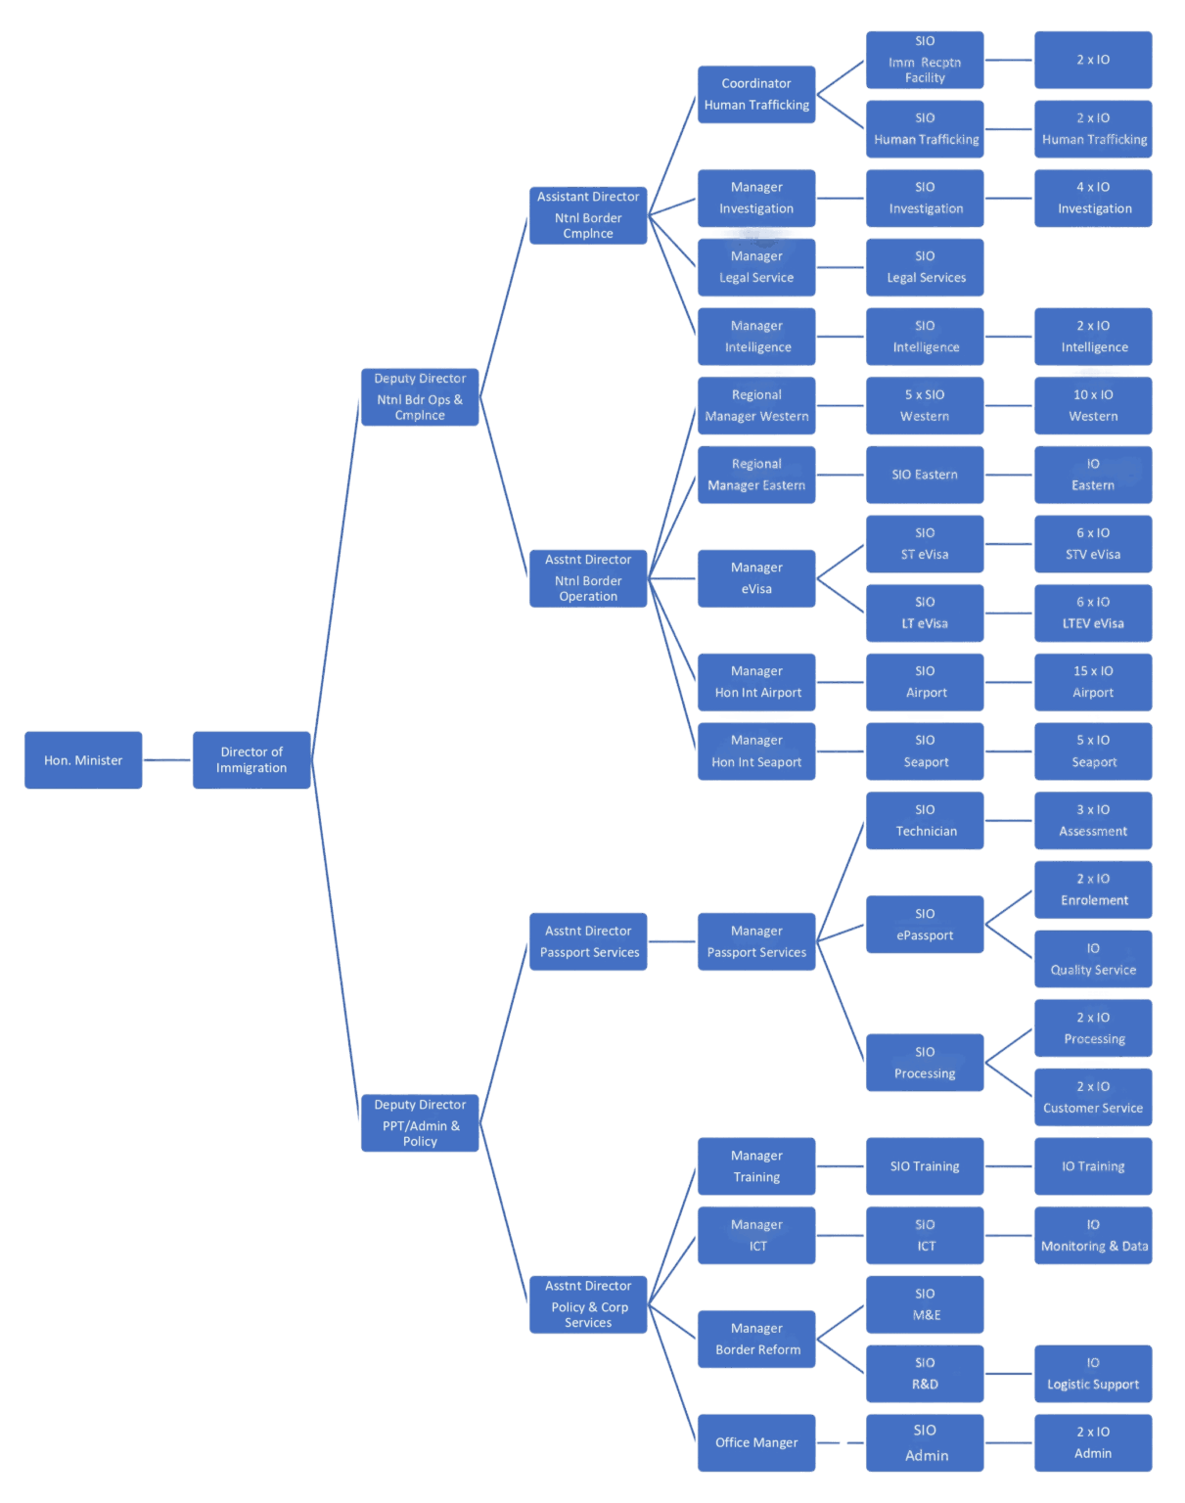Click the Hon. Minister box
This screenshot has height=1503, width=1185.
pos(83,760)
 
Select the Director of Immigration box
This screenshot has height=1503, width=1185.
pos(251,760)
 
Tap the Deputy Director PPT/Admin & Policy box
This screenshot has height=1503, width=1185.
pos(420,1122)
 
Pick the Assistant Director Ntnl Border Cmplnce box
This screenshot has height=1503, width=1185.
pos(588,215)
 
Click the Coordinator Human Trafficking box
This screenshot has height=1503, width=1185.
pos(756,94)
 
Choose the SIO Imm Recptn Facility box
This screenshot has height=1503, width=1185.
pos(925,60)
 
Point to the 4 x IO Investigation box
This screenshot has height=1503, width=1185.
pos(1093,198)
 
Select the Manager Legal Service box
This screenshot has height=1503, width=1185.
pos(756,267)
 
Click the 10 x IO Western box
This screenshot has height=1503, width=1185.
pos(1093,405)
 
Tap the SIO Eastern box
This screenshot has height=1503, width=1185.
pos(925,475)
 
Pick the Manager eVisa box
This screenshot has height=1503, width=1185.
pos(756,578)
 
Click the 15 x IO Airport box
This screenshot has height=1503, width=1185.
pos(1093,682)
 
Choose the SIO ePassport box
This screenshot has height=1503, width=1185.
pos(925,924)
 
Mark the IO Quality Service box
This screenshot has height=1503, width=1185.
pos(1093,958)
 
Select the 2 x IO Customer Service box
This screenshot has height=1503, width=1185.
pos(1093,1097)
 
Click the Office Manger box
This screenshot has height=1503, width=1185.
pos(756,1442)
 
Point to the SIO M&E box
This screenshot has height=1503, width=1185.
pos(925,1304)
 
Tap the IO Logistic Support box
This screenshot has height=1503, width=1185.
pos(1093,1373)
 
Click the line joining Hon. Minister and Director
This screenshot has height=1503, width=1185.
pos(167,760)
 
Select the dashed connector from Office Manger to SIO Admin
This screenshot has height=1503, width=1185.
pos(842,1442)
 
